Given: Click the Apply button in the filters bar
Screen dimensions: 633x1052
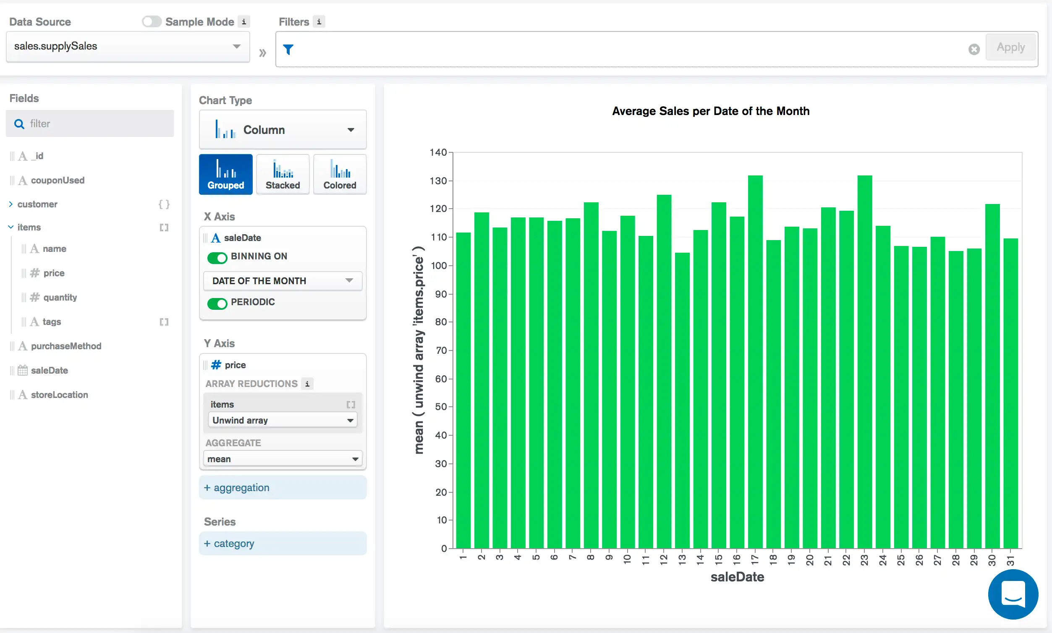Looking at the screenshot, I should coord(1010,47).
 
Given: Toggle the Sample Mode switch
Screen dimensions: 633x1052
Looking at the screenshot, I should coord(152,21).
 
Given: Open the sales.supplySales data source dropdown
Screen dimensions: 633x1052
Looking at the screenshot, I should coord(127,46).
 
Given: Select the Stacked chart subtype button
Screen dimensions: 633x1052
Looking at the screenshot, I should coord(283,174).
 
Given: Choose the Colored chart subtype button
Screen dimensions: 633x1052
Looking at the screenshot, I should coord(340,174).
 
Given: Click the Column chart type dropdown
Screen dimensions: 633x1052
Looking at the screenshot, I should coord(283,130).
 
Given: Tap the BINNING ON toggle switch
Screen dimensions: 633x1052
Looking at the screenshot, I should coord(217,257).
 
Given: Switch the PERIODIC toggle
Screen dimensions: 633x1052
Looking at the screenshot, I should coord(217,303).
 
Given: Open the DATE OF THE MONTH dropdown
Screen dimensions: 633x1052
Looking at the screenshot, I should coord(283,281).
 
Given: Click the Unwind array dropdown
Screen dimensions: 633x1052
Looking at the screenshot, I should coord(283,420).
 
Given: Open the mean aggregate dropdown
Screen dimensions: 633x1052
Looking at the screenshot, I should coord(283,459).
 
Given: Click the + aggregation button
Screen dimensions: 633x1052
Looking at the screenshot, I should coord(283,487).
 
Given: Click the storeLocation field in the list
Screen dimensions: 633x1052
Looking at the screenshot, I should coord(59,395).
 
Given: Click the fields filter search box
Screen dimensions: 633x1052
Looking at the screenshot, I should coord(94,124).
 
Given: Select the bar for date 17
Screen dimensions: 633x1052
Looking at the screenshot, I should coord(755,363).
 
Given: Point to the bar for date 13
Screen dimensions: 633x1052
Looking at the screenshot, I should coord(682,401).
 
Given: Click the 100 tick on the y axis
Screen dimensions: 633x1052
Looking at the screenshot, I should coord(439,265).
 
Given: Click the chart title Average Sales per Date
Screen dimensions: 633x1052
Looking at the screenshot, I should coord(710,111).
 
